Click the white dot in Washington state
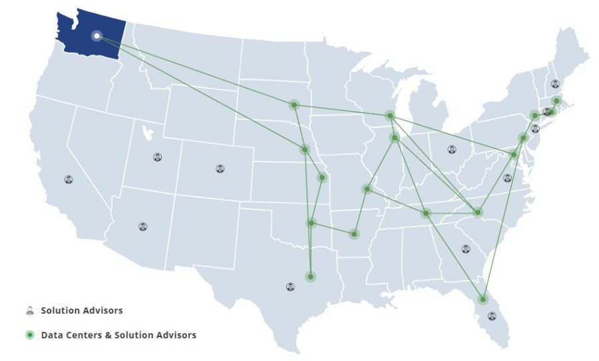(97, 35)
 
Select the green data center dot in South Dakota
(294, 105)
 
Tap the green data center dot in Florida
(483, 299)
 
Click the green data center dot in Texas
(310, 276)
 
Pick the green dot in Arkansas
(354, 233)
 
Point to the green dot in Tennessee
(426, 213)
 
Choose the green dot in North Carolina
(478, 213)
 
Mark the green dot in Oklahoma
(311, 223)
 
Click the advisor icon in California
(69, 180)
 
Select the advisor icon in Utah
(157, 158)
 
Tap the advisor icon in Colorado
(220, 168)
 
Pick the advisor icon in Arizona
(142, 226)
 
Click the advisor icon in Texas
(290, 287)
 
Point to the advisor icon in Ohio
(452, 149)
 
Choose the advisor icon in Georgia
(465, 249)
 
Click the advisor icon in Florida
(492, 316)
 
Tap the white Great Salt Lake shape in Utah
(148, 131)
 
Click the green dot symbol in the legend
(29, 335)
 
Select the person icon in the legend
(29, 310)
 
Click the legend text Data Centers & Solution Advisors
(118, 335)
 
